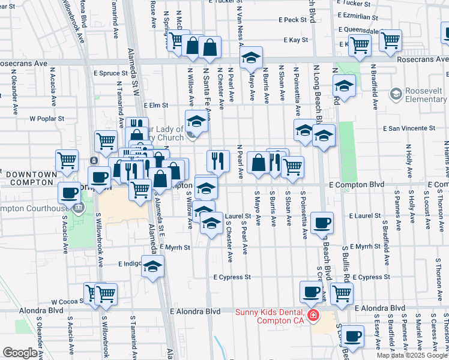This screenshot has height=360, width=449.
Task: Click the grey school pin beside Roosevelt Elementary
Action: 395,94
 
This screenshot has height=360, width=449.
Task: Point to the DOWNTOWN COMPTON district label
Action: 31,178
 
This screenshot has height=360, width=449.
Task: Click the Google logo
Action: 20,353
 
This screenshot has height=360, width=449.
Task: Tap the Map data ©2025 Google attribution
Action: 412,355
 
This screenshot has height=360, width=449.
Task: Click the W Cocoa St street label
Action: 67,302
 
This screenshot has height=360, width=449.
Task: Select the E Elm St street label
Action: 155,105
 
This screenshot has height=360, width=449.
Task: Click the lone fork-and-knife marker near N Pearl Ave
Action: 218,160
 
